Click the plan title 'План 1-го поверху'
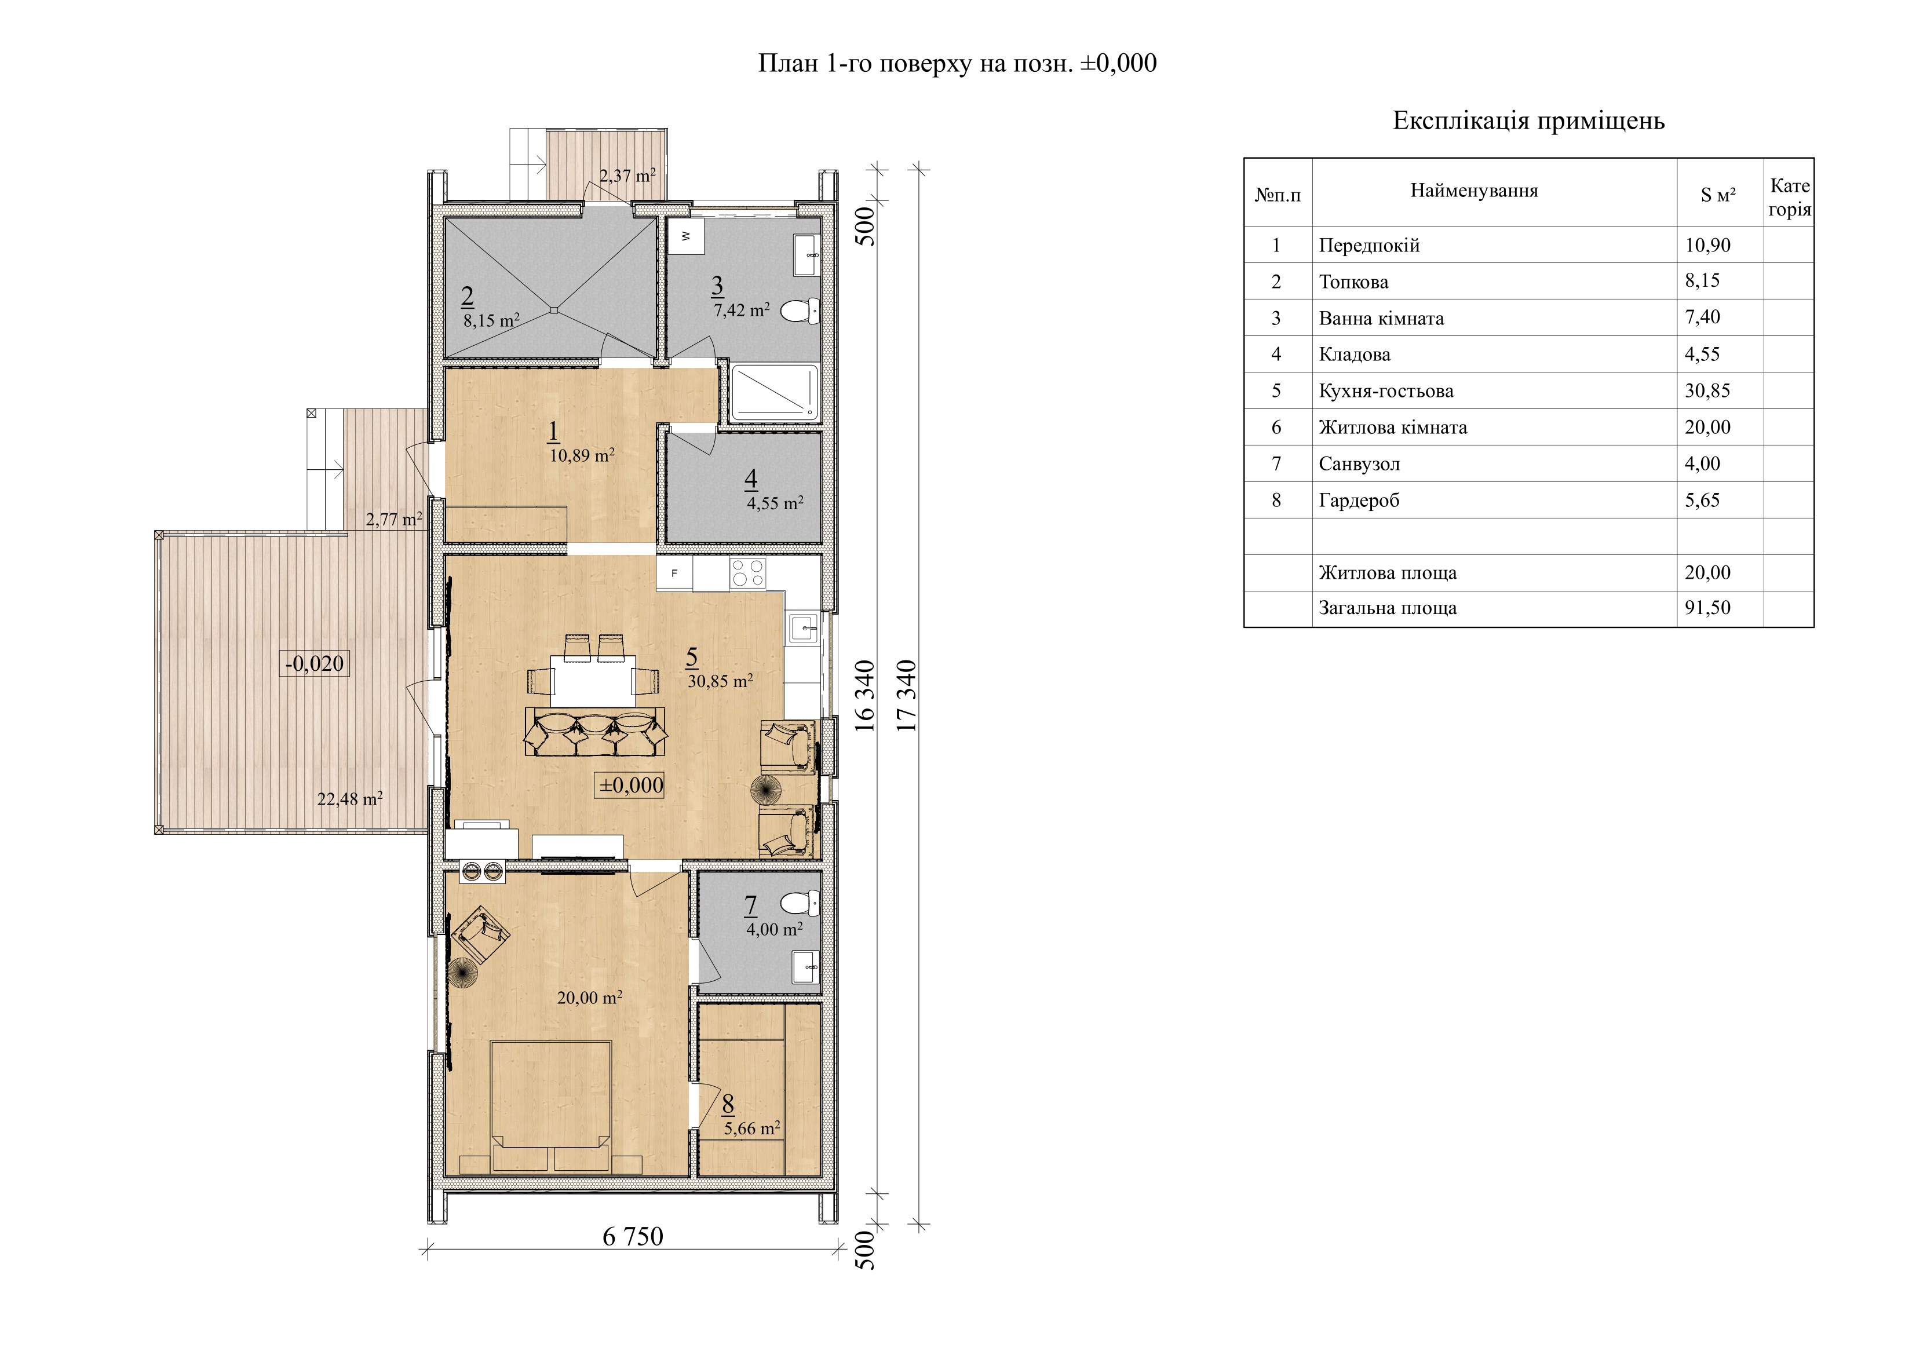coord(915,63)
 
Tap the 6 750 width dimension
coord(633,1236)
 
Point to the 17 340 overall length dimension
coord(907,696)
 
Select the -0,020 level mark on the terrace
coord(314,663)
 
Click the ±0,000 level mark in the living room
coord(630,784)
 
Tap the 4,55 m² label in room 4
coord(775,503)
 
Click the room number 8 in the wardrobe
coord(728,1104)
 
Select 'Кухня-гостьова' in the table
coord(1386,390)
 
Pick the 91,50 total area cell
coord(1707,608)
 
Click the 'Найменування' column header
coord(1474,190)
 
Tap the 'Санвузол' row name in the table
coord(1359,464)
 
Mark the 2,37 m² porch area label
coord(627,176)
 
